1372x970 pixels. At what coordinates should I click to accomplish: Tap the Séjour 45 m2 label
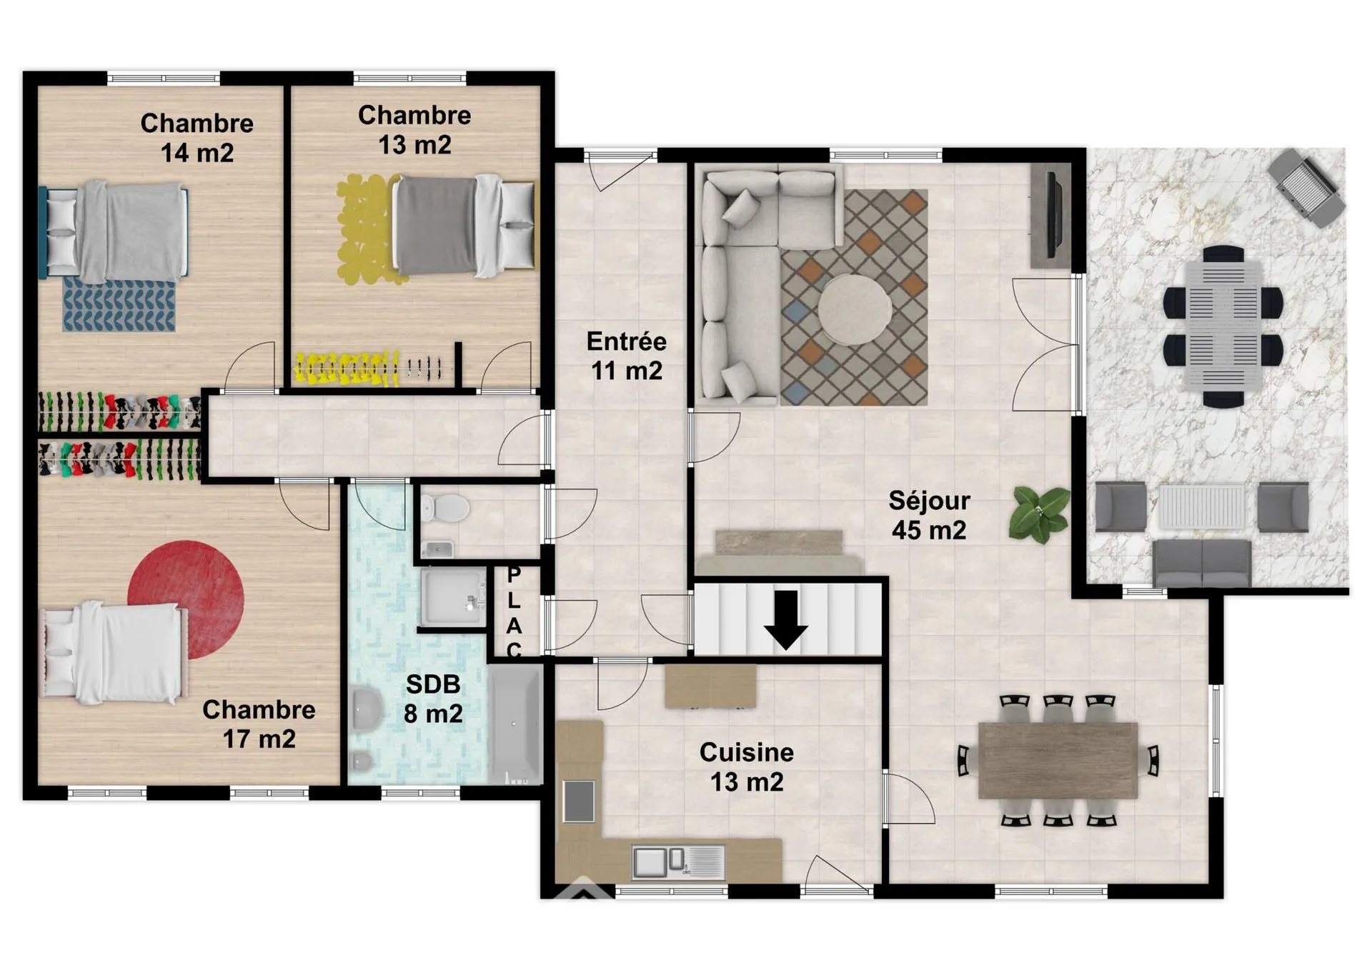coord(929,515)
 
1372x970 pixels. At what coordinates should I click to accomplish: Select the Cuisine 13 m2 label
coord(747,767)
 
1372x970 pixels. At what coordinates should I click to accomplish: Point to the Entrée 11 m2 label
coord(627,356)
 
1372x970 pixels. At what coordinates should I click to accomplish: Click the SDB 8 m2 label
coord(433,699)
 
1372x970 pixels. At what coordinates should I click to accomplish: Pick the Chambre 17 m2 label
coord(259,724)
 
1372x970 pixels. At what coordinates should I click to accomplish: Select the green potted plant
coord(1039,512)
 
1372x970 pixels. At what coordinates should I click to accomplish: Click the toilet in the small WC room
coord(446,509)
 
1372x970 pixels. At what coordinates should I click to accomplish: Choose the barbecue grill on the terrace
coord(1306,188)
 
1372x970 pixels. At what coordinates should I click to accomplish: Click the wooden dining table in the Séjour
coord(1058,760)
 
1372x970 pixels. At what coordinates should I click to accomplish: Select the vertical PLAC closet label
coord(514,613)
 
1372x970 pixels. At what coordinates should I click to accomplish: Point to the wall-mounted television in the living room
coord(1052,214)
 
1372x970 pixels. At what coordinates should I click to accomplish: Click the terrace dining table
coord(1223,326)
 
